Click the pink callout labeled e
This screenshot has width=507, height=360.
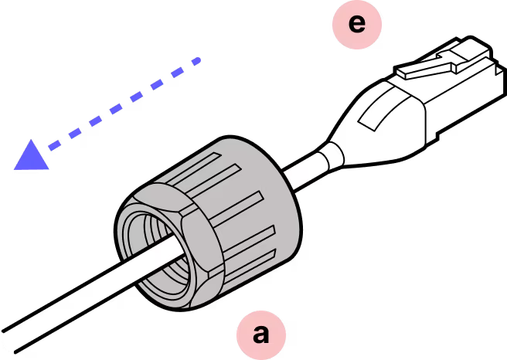coord(356,24)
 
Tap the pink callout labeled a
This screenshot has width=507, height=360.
coord(262,335)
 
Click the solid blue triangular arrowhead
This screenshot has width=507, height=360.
coord(32,154)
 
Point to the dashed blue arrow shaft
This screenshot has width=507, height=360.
coord(124,105)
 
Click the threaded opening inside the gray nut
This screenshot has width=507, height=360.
coord(155,248)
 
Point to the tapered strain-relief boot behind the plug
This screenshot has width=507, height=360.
coord(379,124)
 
